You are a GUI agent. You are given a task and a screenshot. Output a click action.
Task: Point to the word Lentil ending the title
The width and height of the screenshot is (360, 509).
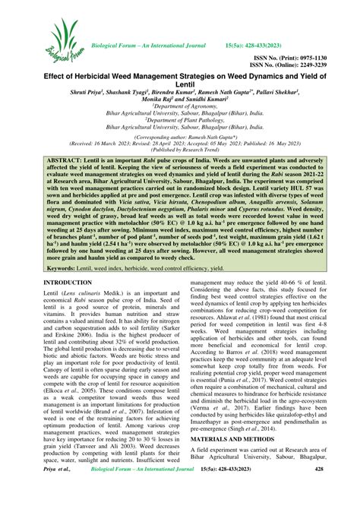(181, 87)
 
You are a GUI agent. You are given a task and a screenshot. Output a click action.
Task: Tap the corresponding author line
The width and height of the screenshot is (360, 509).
(180, 156)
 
